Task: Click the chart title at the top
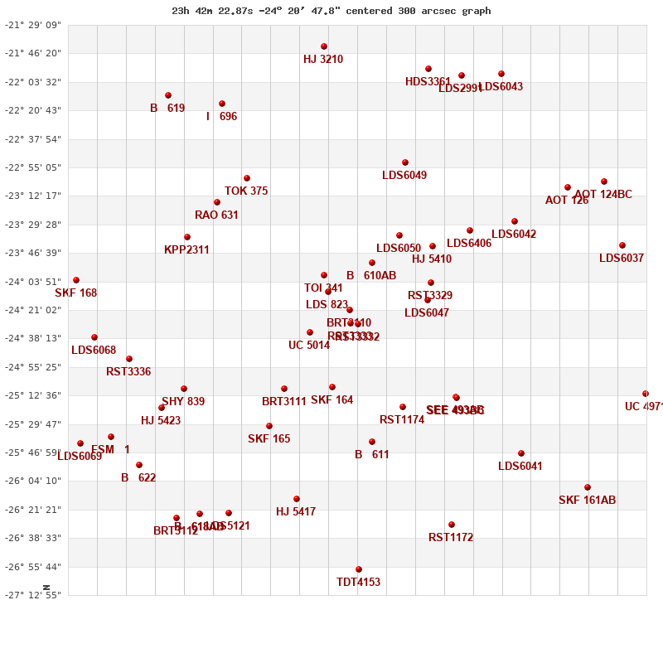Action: pos(331,11)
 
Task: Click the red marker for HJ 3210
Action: pos(324,46)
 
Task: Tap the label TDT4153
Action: pos(358,583)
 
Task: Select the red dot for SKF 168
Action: pos(76,280)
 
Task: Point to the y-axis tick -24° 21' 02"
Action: pos(34,310)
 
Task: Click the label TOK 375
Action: pos(246,191)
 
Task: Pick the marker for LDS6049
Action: pos(405,162)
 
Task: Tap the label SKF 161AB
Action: pos(587,501)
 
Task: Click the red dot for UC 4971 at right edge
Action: pos(646,394)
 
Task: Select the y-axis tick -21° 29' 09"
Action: pos(34,25)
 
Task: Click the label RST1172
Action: pos(451,538)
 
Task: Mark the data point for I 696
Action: pos(222,104)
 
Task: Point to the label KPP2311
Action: pos(186,250)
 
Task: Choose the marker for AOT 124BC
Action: pos(604,181)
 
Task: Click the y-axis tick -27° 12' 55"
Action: pos(34,595)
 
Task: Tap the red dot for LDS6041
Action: pos(521,453)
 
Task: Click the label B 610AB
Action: pos(371,276)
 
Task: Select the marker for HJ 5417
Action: pos(297,499)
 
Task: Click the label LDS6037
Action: pos(622,259)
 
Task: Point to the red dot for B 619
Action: pos(168,95)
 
